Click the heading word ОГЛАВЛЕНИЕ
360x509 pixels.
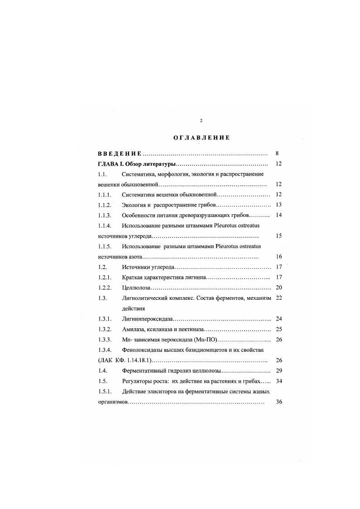[201, 138]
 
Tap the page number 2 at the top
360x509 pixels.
[201, 120]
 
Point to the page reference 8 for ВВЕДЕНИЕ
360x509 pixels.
[277, 154]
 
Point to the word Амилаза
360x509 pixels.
[134, 329]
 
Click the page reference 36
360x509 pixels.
[279, 402]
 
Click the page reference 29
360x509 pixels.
[279, 370]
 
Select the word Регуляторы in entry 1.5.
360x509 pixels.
[138, 381]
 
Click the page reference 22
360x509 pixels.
[279, 298]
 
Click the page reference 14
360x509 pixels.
[279, 215]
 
